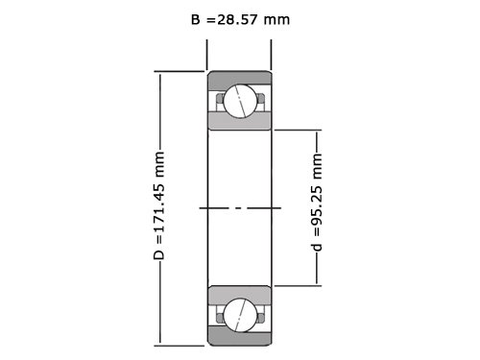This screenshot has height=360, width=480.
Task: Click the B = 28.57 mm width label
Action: coord(240,20)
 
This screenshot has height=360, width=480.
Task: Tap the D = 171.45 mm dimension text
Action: coord(159,205)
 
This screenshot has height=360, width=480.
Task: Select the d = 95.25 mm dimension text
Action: coord(317,202)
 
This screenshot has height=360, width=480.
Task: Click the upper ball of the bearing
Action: coord(240,102)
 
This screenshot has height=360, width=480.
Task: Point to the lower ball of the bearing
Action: coord(240,315)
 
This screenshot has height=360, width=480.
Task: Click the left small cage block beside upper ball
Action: coord(220,98)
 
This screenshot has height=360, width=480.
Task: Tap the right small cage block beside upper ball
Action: coord(261,98)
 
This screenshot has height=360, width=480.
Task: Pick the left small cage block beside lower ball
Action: coord(220,318)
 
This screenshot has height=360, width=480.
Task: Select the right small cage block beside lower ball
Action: coord(261,318)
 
